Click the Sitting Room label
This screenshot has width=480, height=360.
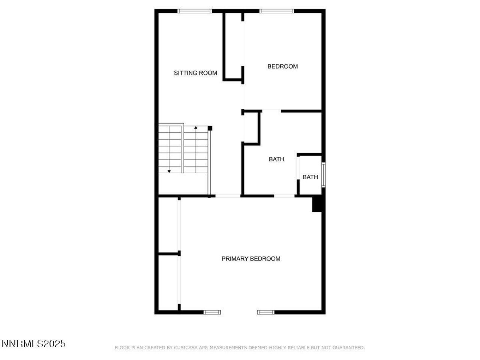click(x=195, y=73)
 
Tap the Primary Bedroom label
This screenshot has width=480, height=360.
click(x=251, y=259)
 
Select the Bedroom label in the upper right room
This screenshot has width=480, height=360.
click(x=282, y=66)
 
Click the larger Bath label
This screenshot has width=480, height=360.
click(x=276, y=159)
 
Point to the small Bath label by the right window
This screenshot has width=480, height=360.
click(x=310, y=177)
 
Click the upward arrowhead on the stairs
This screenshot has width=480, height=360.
click(x=196, y=128)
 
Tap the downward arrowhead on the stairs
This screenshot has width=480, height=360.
click(x=169, y=171)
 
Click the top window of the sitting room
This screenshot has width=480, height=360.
click(x=195, y=11)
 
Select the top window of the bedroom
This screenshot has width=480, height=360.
click(x=277, y=11)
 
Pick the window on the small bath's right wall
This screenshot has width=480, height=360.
click(x=323, y=174)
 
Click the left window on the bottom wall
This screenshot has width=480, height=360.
click(x=212, y=312)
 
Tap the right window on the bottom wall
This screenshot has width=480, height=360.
click(x=265, y=312)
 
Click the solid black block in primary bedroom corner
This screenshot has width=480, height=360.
click(x=318, y=204)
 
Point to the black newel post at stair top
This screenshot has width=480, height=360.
click(x=210, y=128)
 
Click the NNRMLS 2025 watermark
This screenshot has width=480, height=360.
click(x=34, y=343)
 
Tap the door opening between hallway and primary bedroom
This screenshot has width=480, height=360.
click(x=228, y=196)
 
